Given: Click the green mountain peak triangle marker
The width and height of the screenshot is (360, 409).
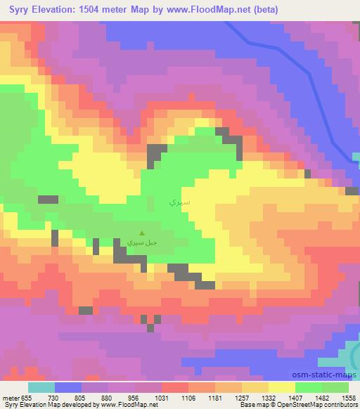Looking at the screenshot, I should (x=142, y=234).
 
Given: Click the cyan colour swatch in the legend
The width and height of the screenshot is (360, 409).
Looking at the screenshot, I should (x=41, y=387).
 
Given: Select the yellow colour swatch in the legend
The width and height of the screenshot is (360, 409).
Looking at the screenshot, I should (x=281, y=387).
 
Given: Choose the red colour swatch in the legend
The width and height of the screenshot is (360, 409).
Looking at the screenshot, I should (x=175, y=387).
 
